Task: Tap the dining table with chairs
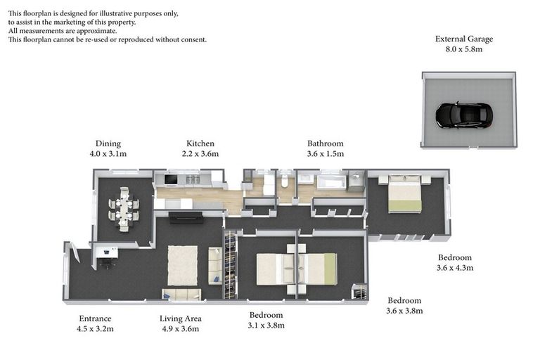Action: pyautogui.click(x=124, y=209)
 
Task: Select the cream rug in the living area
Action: pyautogui.click(x=183, y=264)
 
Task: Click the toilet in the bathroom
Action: pyautogui.click(x=284, y=182)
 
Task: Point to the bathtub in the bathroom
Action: pyautogui.click(x=330, y=184)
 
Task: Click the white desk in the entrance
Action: pyautogui.click(x=106, y=254)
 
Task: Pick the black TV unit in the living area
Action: pyautogui.click(x=186, y=217)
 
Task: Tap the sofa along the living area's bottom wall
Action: pyautogui.click(x=181, y=294)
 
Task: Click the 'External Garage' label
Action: pyautogui.click(x=463, y=39)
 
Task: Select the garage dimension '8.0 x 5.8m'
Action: pyautogui.click(x=463, y=50)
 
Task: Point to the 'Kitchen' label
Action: pyautogui.click(x=200, y=143)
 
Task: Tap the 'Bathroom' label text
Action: pyautogui.click(x=325, y=143)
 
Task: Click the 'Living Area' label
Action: pyautogui.click(x=181, y=319)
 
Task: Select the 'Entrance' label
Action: pyautogui.click(x=95, y=319)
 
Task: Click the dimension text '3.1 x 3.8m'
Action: pyautogui.click(x=266, y=325)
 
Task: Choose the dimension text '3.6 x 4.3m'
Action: pyautogui.click(x=455, y=268)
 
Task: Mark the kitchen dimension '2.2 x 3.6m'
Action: pyautogui.click(x=200, y=154)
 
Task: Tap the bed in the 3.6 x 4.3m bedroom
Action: pyautogui.click(x=404, y=195)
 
